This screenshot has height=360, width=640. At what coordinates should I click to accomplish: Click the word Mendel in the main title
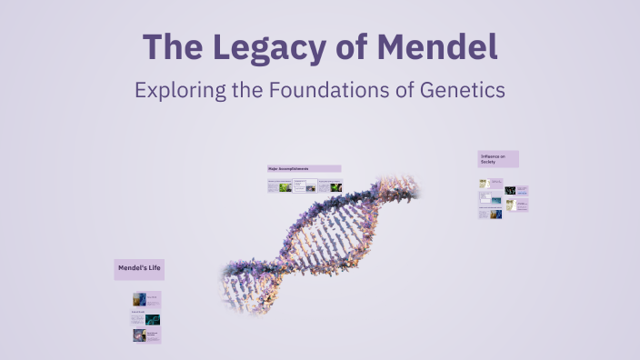pyautogui.click(x=435, y=47)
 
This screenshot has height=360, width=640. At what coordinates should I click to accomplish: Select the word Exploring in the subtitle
pyautogui.click(x=175, y=91)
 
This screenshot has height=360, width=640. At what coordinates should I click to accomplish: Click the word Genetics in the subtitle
pyautogui.click(x=459, y=91)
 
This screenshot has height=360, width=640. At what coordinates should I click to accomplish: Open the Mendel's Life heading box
pyautogui.click(x=139, y=269)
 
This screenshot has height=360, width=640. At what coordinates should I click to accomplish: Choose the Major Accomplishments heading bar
pyautogui.click(x=304, y=169)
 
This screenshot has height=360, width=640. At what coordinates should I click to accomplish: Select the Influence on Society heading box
pyautogui.click(x=498, y=159)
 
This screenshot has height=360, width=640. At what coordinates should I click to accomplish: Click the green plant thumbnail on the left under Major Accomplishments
pyautogui.click(x=285, y=187)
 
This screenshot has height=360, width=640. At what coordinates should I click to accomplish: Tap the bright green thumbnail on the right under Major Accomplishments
pyautogui.click(x=335, y=187)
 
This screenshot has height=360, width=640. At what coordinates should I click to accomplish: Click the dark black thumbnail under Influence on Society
pyautogui.click(x=510, y=191)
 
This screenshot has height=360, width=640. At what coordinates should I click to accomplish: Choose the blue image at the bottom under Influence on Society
pyautogui.click(x=496, y=215)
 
